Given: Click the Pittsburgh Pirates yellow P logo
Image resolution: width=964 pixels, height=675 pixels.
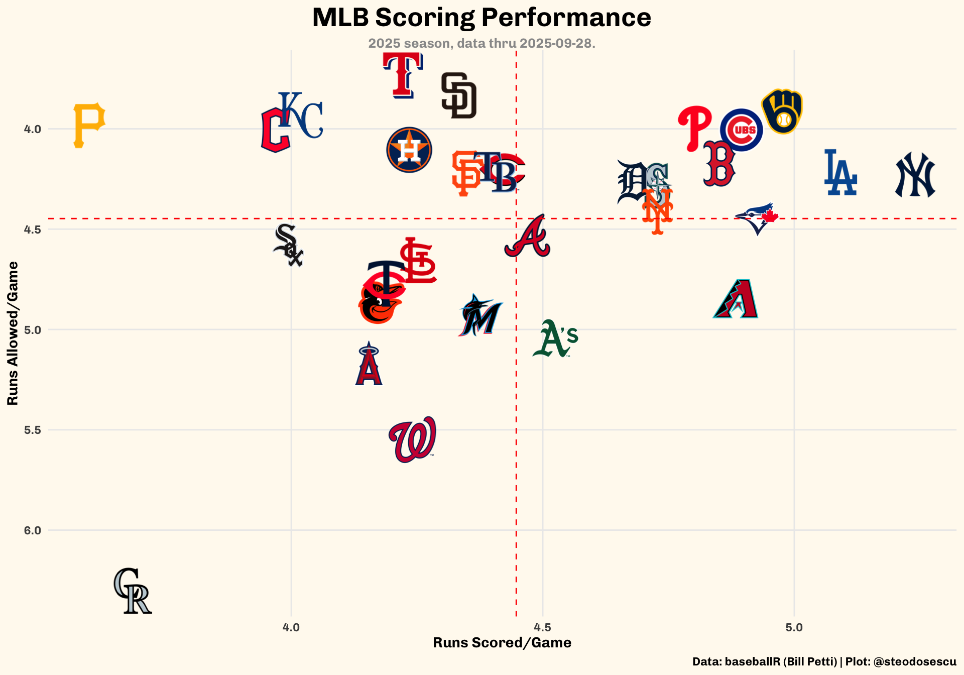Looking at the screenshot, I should click(89, 126).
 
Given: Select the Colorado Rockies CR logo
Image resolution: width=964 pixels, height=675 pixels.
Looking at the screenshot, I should click(133, 591).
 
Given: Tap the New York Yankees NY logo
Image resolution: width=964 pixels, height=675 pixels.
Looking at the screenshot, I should click(915, 175).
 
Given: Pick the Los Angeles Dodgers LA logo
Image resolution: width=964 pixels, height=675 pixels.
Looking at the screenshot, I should click(840, 173).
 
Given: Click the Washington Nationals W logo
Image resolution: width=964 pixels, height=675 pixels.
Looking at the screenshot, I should click(413, 439).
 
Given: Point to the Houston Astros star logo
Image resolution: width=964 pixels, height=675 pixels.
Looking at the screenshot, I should click(409, 150).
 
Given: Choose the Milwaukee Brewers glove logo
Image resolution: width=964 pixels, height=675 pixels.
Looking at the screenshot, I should click(782, 111).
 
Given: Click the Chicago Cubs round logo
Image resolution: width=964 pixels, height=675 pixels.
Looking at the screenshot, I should click(741, 130).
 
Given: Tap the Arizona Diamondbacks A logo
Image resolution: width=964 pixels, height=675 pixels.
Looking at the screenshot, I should click(736, 299).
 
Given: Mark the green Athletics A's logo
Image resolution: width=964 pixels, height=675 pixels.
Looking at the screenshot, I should click(555, 339).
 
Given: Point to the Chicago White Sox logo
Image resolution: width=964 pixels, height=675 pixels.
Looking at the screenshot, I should click(288, 245).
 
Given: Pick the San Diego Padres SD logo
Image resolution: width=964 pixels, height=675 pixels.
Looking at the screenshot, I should click(458, 95).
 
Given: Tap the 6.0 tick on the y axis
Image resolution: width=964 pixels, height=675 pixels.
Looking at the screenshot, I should click(32, 530).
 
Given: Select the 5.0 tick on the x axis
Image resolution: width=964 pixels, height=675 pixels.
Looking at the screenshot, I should click(794, 627).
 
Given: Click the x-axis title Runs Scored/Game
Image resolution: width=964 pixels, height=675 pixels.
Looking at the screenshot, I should click(502, 643).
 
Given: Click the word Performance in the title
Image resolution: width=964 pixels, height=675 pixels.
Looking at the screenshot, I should click(566, 18).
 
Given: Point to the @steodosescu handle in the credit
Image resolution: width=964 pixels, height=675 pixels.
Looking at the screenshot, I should click(915, 662).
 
